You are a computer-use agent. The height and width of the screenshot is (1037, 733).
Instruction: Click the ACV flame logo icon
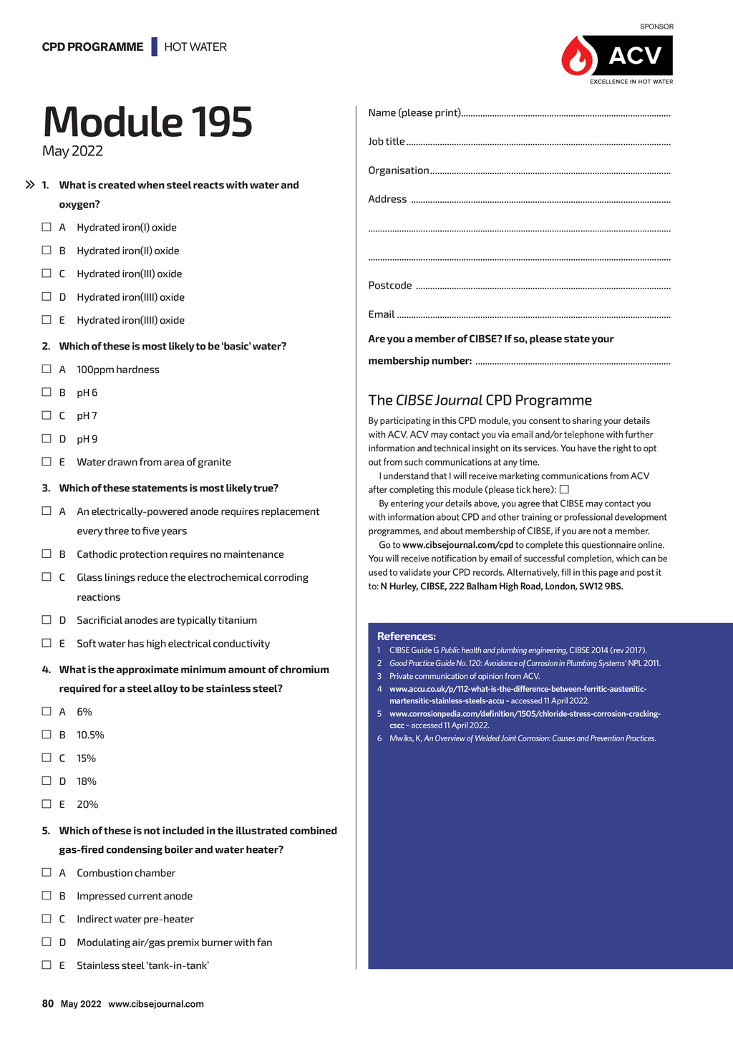[578, 57]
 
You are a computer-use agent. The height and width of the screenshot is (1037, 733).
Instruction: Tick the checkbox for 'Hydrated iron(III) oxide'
[47, 274]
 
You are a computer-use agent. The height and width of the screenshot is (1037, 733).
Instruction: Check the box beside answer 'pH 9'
[47, 438]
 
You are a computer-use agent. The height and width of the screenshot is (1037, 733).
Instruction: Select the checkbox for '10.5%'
[47, 734]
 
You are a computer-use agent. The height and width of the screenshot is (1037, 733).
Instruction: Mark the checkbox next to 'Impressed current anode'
[47, 895]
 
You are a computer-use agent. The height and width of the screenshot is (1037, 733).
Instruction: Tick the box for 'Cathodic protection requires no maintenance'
[47, 554]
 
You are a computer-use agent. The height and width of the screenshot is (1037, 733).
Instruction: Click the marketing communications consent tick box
[564, 489]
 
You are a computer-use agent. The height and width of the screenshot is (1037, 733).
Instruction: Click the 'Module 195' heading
[147, 122]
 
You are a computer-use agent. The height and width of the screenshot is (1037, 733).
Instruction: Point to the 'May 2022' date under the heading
[72, 151]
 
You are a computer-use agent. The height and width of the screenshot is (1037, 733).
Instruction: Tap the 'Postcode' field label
[390, 286]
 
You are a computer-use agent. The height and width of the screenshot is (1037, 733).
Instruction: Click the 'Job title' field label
[387, 142]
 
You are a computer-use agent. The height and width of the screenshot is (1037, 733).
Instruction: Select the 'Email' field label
[382, 314]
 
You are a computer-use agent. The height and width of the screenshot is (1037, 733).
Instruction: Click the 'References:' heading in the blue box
[407, 636]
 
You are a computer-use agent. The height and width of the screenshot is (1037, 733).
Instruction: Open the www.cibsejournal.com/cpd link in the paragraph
[458, 545]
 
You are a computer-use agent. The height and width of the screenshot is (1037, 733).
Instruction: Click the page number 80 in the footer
[48, 1003]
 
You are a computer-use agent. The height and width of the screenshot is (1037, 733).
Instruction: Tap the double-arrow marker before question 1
[30, 185]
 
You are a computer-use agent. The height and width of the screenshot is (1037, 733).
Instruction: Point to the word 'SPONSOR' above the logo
[656, 26]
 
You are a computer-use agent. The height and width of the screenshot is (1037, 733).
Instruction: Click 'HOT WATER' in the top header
[195, 47]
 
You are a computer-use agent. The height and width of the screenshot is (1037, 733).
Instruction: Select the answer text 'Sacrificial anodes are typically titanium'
[167, 620]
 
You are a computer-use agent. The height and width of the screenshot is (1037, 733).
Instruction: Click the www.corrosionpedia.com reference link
[525, 714]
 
